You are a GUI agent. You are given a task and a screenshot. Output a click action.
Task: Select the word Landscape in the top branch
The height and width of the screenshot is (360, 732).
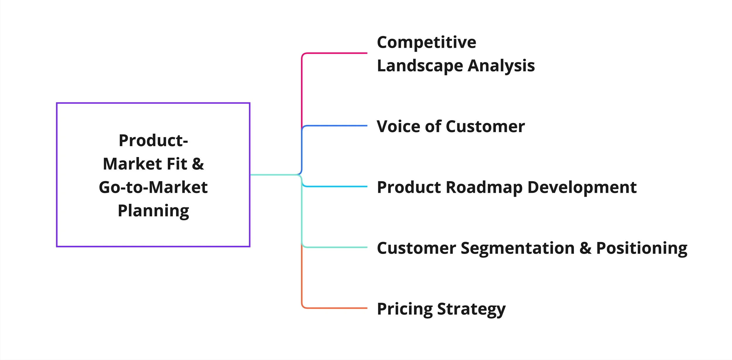tap(420, 66)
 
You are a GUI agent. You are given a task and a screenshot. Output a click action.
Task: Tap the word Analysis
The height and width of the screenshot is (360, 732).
tap(501, 66)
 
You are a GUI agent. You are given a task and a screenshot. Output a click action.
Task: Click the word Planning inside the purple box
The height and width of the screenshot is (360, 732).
tap(153, 211)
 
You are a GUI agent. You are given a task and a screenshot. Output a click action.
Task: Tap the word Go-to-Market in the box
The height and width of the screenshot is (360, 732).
tap(153, 187)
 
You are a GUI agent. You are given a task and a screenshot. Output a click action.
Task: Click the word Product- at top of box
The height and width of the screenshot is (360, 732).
tap(153, 141)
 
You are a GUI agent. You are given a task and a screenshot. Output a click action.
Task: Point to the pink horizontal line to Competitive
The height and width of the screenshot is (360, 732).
tap(337, 53)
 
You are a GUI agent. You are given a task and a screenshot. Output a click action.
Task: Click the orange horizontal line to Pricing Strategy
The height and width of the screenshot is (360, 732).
tap(337, 308)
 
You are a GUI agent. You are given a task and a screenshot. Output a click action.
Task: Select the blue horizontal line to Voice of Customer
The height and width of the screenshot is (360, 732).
tap(337, 126)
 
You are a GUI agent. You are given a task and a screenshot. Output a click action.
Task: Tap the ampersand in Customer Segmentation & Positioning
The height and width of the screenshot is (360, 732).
tap(585, 248)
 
